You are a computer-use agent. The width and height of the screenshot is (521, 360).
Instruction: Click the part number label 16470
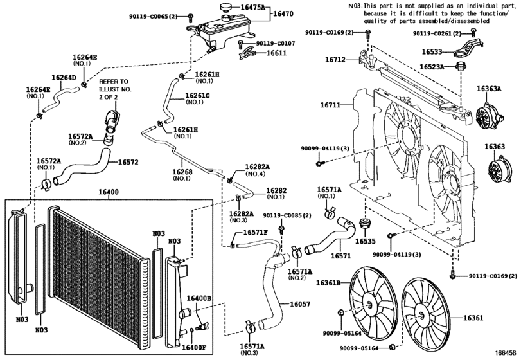[283, 14]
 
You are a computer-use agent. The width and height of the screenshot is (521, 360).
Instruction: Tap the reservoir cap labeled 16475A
[227, 7]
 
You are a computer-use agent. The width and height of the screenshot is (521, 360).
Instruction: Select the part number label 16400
[109, 192]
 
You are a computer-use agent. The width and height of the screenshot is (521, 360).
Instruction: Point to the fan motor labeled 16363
[497, 170]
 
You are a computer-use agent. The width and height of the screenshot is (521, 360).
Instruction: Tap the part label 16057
[300, 304]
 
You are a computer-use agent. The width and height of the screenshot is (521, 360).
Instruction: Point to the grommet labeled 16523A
[461, 66]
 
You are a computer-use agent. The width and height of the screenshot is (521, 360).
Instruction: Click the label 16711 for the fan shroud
[330, 105]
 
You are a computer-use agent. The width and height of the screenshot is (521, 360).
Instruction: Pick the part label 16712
[335, 60]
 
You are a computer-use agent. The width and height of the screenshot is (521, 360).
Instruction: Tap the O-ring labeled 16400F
[192, 330]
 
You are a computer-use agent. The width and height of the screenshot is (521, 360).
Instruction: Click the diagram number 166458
[506, 352]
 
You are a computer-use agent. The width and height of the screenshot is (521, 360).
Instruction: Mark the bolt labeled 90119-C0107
[240, 44]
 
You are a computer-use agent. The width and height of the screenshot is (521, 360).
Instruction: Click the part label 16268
[182, 172]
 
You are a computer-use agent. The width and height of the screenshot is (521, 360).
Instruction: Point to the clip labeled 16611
[247, 53]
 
